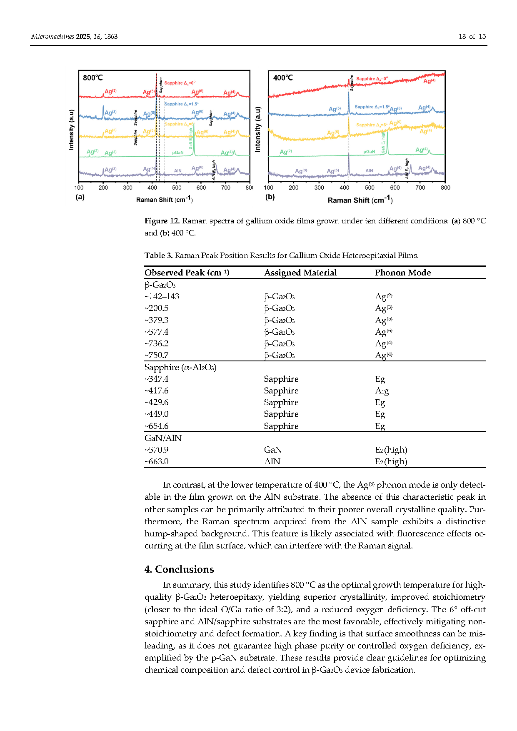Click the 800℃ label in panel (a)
coord(92,78)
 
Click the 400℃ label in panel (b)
coord(283,78)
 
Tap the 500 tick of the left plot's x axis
coord(177,188)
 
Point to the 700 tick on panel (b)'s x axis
coord(420,188)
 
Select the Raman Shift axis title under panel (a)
coord(164,199)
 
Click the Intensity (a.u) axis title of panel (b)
coord(258,129)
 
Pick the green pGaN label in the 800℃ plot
coord(178,153)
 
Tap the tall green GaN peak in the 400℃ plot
coord(387,142)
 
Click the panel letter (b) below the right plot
coord(270,197)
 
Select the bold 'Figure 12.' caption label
coord(162,221)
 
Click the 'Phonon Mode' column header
coord(402,273)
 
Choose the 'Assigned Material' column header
coord(300,273)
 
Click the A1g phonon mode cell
coord(382,391)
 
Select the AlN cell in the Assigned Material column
coord(272,461)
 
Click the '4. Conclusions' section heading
coord(179,569)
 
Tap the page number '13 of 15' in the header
coord(472,37)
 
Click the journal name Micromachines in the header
coord(52,37)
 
